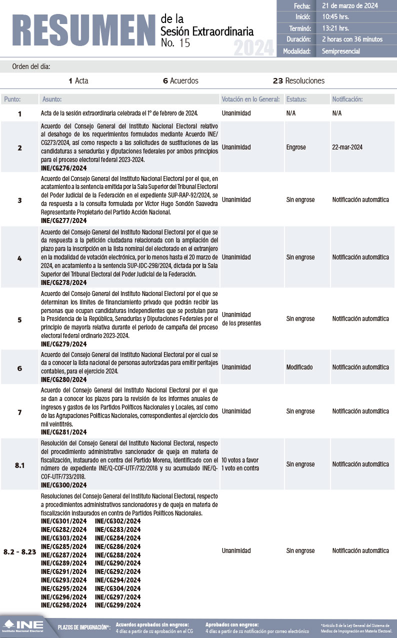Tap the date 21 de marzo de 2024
[349, 6]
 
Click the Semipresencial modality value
[341, 51]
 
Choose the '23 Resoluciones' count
[298, 80]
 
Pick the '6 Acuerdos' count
[180, 80]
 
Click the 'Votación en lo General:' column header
[250, 99]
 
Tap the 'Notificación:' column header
[347, 99]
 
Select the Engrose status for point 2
[296, 147]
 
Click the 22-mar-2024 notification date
[347, 147]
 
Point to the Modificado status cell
[299, 367]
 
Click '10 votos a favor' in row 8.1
[240, 460]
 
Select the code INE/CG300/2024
[64, 484]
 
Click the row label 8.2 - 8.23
[20, 551]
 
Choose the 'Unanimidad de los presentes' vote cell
[241, 318]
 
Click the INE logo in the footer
[23, 626]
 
